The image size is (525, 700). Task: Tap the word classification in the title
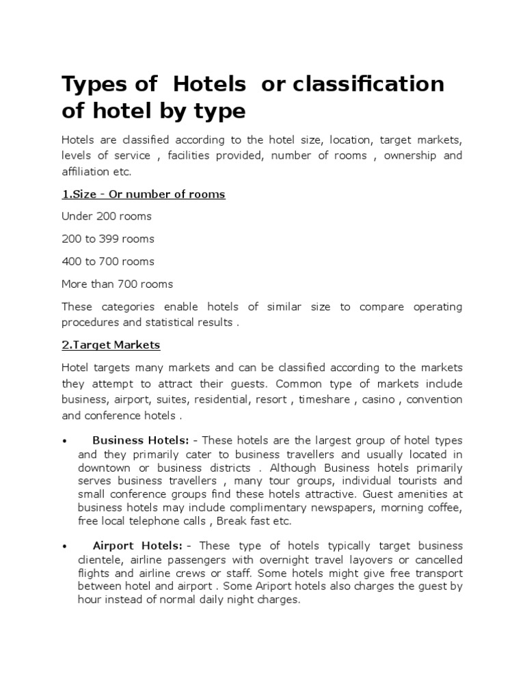coord(368,84)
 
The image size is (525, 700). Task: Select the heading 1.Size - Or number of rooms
coord(144,194)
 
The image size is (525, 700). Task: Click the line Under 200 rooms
coord(107,217)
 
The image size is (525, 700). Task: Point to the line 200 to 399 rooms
coord(108,239)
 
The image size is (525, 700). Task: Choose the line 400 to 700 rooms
coord(108,262)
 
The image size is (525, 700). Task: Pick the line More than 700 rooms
coord(117,284)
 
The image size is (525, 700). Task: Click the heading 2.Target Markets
coord(111,345)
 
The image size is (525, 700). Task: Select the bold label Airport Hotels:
coord(137,546)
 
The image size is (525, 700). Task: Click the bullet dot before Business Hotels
coord(64,441)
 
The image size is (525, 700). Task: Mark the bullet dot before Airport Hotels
coord(64,546)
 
